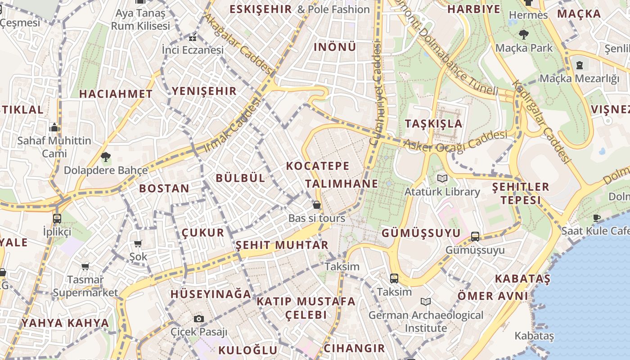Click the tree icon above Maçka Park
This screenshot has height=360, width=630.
(524, 34)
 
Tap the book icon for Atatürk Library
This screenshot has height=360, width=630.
(442, 179)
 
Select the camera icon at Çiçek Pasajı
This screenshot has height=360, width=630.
(199, 319)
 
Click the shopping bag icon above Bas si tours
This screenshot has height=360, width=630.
(317, 205)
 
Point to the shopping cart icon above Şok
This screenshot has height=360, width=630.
(138, 243)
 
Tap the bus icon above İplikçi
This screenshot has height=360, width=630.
(57, 219)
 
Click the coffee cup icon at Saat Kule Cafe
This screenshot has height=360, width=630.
(597, 218)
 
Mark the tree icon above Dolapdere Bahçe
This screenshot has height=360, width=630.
(106, 157)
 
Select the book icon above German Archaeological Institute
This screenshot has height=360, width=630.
(426, 301)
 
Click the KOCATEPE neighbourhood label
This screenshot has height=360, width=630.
(318, 166)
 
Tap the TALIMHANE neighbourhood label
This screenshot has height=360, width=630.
(342, 184)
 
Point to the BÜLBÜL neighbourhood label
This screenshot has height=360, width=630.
(241, 178)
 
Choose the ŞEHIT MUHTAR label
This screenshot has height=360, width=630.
(282, 245)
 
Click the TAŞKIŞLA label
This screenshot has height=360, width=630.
(433, 124)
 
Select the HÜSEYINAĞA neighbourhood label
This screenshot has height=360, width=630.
(211, 294)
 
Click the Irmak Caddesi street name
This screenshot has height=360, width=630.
(233, 125)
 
